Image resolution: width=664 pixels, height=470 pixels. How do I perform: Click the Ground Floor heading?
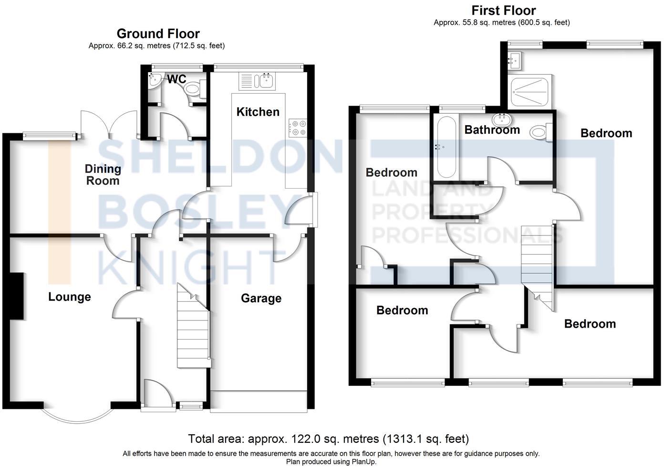[158, 33]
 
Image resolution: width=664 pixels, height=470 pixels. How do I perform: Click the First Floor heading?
[503, 10]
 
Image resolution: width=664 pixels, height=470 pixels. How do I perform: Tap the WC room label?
[176, 79]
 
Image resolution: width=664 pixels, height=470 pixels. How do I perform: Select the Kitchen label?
[258, 112]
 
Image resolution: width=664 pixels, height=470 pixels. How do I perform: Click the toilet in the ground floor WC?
[194, 88]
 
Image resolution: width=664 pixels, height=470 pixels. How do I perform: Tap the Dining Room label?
[103, 174]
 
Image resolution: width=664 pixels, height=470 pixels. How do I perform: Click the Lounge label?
[69, 297]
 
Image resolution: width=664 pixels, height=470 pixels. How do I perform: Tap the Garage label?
[261, 298]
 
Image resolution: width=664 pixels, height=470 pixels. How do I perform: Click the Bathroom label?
[492, 129]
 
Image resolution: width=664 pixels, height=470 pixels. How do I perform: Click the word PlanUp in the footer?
[363, 462]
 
